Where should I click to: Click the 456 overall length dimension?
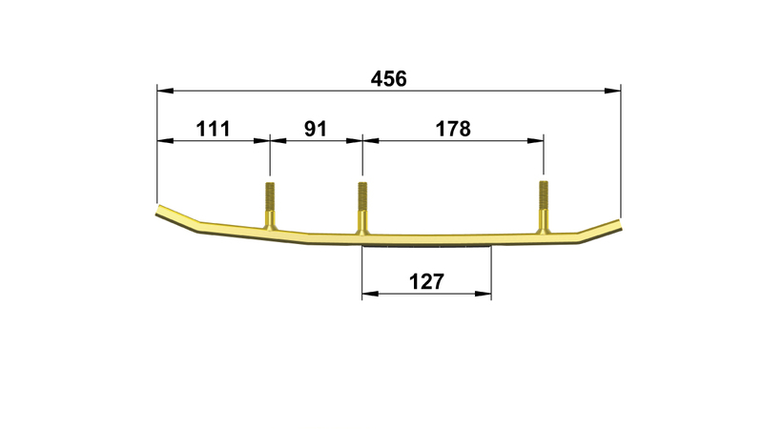(x=388, y=79)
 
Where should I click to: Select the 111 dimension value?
(x=213, y=129)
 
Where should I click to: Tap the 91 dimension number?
(x=316, y=129)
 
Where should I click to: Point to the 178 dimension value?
(x=453, y=129)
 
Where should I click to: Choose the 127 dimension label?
(x=426, y=281)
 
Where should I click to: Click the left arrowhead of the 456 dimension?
(x=165, y=91)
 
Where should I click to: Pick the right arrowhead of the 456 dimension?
(x=612, y=91)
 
